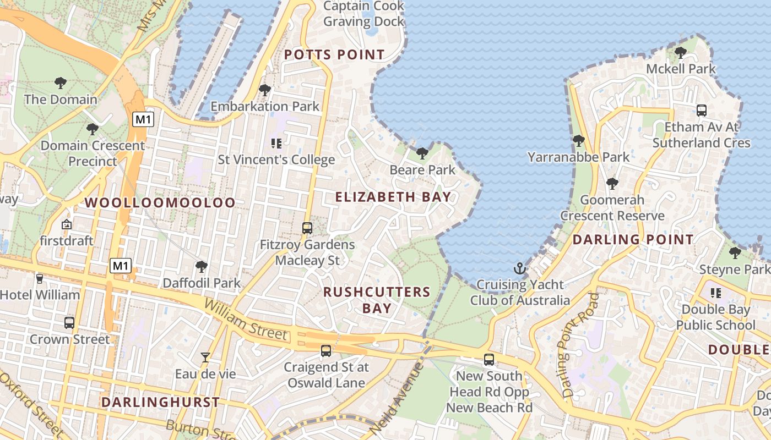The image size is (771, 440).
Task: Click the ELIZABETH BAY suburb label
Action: (393, 197)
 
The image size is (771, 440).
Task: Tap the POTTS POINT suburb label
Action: (334, 55)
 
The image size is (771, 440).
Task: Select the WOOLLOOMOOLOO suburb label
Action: (160, 202)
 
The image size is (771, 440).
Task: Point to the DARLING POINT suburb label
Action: (633, 240)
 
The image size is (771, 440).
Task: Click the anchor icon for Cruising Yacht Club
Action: (519, 268)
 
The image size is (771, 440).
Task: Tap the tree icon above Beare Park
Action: (422, 153)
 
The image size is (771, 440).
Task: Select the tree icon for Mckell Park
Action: (681, 53)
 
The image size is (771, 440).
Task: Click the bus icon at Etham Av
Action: (702, 111)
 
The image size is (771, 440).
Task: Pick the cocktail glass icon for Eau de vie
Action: (205, 358)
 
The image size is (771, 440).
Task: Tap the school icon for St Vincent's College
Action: (276, 144)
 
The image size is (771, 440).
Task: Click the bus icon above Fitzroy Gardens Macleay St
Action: (307, 228)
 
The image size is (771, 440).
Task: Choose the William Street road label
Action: (246, 319)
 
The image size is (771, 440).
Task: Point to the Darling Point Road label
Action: (579, 345)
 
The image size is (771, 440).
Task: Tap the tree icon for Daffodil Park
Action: (202, 267)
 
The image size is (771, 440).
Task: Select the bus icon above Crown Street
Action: (69, 323)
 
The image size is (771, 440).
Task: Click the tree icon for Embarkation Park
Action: (265, 90)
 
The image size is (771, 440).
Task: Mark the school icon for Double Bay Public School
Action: (716, 293)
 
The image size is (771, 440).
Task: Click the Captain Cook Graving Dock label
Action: (363, 14)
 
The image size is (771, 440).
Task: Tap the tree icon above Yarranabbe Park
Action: (578, 141)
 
